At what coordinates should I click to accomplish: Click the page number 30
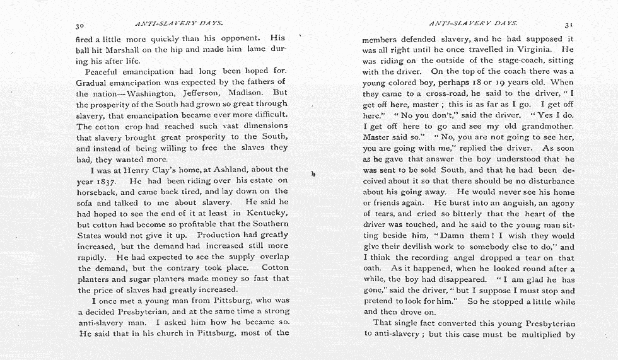(x=80, y=26)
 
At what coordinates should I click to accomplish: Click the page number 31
(x=568, y=25)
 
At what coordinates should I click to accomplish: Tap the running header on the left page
(x=179, y=24)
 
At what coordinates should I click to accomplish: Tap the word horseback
(x=96, y=192)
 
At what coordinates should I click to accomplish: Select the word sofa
(x=85, y=203)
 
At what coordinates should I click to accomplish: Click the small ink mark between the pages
(x=313, y=173)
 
